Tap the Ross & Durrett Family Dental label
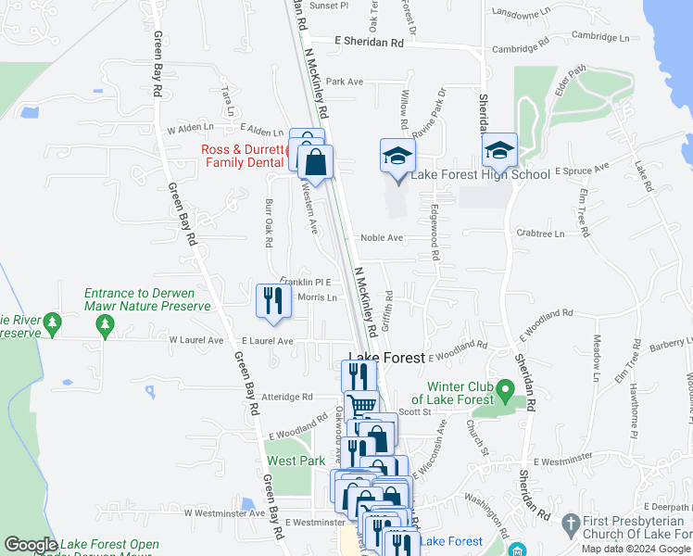(243, 156)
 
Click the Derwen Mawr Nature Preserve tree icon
(104, 324)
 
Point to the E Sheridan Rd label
(370, 43)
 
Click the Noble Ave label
(382, 238)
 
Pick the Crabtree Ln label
(540, 234)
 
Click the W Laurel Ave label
(196, 340)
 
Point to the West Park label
(296, 461)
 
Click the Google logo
(31, 545)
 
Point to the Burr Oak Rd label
(269, 228)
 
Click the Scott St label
(409, 412)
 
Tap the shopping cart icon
(361, 405)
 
